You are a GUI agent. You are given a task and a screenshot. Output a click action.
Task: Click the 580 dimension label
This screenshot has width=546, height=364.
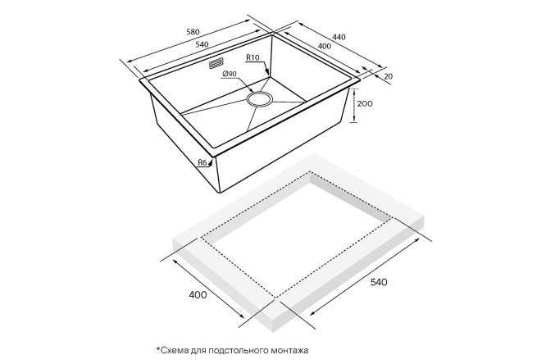click(x=193, y=32)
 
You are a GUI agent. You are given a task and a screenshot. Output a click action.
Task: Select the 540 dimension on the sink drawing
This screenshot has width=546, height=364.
click(x=202, y=44)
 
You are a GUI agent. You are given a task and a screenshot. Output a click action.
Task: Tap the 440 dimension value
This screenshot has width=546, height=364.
click(x=339, y=37)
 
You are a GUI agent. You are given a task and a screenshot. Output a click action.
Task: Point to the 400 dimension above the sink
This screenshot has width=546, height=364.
click(x=325, y=46)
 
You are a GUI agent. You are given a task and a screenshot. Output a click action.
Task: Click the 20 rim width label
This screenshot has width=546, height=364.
click(x=389, y=76)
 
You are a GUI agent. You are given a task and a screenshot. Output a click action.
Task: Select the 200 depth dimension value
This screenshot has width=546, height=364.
click(x=365, y=103)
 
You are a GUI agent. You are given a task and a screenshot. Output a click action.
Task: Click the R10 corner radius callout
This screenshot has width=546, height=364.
click(x=253, y=57)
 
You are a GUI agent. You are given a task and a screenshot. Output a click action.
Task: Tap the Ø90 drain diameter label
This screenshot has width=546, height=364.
click(x=229, y=74)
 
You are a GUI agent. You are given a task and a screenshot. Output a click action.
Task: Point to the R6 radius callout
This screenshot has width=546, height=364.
click(x=202, y=162)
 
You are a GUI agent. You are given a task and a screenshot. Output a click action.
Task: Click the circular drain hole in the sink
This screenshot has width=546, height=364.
click(x=259, y=98)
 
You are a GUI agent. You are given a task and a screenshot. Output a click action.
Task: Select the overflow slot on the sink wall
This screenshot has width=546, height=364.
click(x=216, y=64)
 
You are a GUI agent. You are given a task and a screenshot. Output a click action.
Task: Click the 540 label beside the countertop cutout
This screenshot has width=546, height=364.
click(x=379, y=282)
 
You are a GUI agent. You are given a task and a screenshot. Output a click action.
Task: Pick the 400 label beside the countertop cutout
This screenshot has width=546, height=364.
click(x=198, y=294)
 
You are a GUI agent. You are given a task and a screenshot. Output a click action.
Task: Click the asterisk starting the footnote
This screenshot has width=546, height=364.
click(x=158, y=348)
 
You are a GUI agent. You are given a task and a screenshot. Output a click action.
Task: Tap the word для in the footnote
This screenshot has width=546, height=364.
click(x=199, y=351)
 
